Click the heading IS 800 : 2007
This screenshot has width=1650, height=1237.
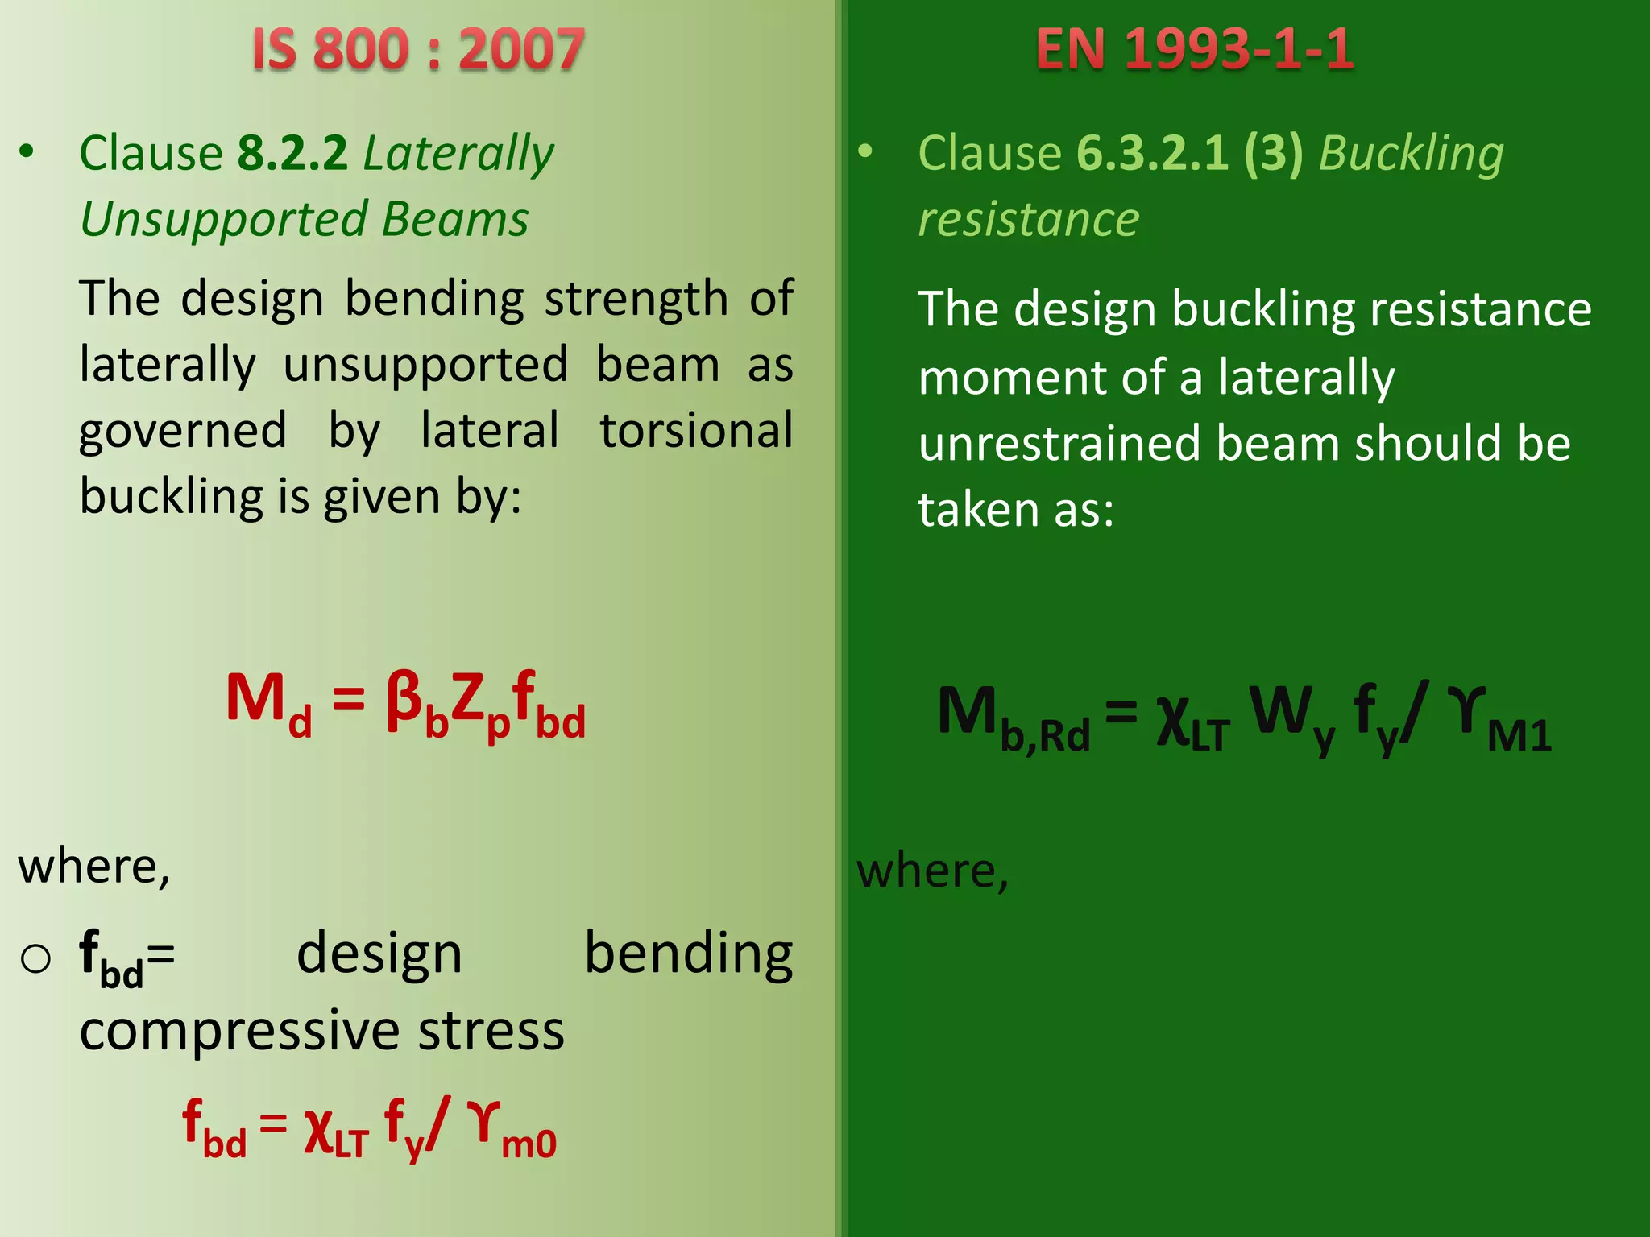pos(417,50)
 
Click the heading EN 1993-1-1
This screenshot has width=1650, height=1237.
pos(1194,50)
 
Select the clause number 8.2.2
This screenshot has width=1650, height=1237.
pos(292,153)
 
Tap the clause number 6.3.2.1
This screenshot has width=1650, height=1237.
pos(1153,153)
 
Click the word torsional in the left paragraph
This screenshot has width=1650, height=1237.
pos(696,430)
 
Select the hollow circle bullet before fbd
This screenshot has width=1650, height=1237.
pos(35,958)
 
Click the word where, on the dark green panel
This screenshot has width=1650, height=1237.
pos(932,871)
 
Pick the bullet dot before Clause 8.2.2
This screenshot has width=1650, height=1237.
pos(27,151)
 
